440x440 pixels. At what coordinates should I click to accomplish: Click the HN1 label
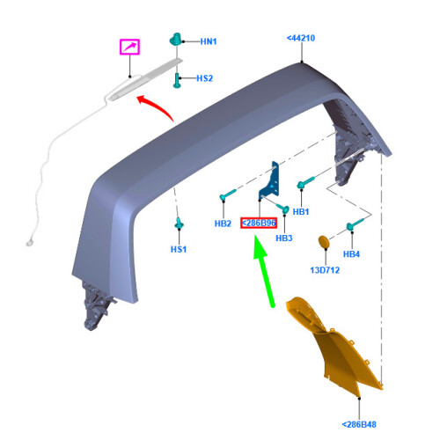[x=209, y=41]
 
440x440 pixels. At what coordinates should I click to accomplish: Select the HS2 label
[x=204, y=78]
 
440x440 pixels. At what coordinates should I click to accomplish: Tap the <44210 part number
[x=301, y=38]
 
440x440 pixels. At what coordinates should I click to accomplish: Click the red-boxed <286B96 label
[x=259, y=224]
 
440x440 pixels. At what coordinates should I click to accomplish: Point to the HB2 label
[x=223, y=224]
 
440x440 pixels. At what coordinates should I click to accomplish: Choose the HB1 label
[x=301, y=211]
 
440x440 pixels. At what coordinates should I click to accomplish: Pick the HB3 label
[x=284, y=238]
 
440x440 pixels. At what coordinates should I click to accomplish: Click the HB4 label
[x=351, y=254]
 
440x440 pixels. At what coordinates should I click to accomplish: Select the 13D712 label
[x=325, y=270]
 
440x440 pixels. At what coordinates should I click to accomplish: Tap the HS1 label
[x=179, y=249]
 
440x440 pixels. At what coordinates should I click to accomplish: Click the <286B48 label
[x=359, y=424]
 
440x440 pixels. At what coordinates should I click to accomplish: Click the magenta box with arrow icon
[x=129, y=47]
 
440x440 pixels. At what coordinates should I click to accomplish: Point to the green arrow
[x=264, y=271]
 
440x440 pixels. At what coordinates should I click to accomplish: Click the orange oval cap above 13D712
[x=324, y=243]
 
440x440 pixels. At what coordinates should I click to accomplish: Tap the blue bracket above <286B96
[x=271, y=183]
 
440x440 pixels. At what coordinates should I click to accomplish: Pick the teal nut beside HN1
[x=176, y=40]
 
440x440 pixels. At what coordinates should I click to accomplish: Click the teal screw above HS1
[x=179, y=224]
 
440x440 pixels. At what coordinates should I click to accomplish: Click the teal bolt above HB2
[x=228, y=194]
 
